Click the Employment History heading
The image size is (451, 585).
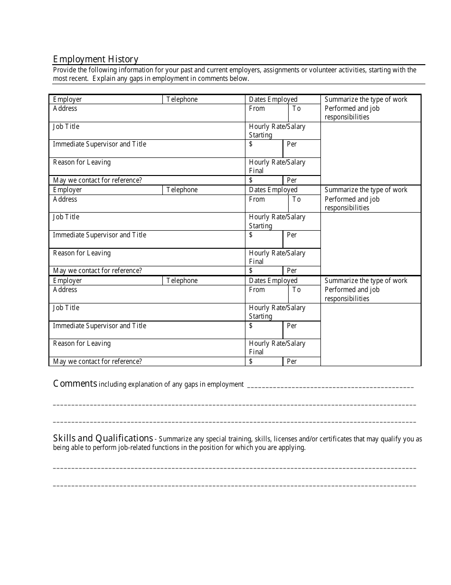[x=95, y=59]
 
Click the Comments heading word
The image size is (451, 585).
[x=75, y=384]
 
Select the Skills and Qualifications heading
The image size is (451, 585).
[x=103, y=438]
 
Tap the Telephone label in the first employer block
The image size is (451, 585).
[x=182, y=99]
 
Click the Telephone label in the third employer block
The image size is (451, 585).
[x=182, y=281]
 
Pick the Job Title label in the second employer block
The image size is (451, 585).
[x=66, y=217]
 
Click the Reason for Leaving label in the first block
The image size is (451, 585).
[x=82, y=162]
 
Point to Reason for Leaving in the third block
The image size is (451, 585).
[x=82, y=343]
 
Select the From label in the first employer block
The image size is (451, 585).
[x=257, y=108]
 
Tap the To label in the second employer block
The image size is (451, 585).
[x=296, y=199]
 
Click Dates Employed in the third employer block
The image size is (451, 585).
[x=273, y=281]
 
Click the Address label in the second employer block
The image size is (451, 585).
[x=65, y=199]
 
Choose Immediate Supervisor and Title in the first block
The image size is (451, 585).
[x=99, y=144]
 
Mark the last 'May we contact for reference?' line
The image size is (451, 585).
[x=97, y=361]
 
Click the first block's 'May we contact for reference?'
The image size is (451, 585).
[x=97, y=180]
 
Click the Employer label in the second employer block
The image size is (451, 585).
[x=67, y=190]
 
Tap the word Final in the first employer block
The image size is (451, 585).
[x=256, y=171]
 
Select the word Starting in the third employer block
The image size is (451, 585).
[x=261, y=316]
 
